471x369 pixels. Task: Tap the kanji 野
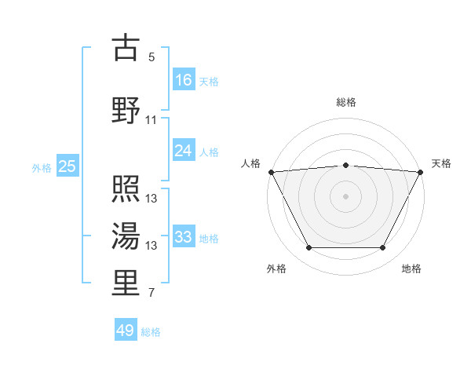[126, 109]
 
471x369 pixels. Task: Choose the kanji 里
[126, 282]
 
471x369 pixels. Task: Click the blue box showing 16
[184, 79]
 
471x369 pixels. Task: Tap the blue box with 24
[184, 151]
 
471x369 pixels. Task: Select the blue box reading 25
[67, 166]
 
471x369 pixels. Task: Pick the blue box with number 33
[184, 237]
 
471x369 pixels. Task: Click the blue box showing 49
[126, 331]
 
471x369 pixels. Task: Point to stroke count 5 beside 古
[152, 57]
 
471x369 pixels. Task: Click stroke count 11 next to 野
[152, 120]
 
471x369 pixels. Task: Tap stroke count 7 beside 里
[152, 294]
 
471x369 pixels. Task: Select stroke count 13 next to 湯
[152, 246]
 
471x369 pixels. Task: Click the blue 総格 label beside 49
[151, 332]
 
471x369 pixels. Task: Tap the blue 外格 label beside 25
[42, 167]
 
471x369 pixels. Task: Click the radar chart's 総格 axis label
[346, 102]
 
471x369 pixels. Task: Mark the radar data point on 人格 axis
[272, 172]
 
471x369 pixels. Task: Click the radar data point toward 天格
[421, 172]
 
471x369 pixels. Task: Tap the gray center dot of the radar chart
[346, 195]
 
